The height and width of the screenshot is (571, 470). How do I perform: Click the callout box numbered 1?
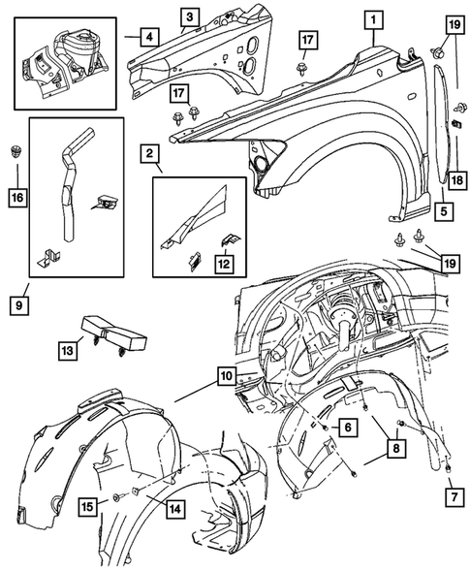(x=373, y=20)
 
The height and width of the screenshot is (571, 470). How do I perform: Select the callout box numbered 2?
(x=149, y=153)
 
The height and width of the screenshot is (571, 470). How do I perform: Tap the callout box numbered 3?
(x=189, y=17)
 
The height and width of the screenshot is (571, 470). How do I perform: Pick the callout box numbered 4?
(x=149, y=37)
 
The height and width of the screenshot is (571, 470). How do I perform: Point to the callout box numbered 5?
(x=444, y=211)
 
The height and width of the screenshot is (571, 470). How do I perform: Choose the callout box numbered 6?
(x=348, y=428)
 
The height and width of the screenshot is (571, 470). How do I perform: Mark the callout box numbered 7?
(x=454, y=497)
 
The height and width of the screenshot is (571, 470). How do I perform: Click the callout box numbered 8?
(x=396, y=448)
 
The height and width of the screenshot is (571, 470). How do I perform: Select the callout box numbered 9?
(x=19, y=305)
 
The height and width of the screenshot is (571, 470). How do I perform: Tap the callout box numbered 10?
(x=227, y=376)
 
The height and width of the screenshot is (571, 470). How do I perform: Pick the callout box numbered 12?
(x=224, y=264)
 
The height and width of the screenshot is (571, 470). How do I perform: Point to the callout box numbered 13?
(x=68, y=351)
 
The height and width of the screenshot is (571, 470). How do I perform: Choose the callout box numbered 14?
(x=175, y=509)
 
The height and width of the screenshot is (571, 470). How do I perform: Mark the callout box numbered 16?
(x=17, y=198)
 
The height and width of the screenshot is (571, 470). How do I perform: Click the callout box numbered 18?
(x=457, y=179)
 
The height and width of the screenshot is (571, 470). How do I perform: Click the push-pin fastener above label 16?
(x=16, y=151)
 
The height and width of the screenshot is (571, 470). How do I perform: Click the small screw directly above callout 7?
(x=448, y=468)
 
